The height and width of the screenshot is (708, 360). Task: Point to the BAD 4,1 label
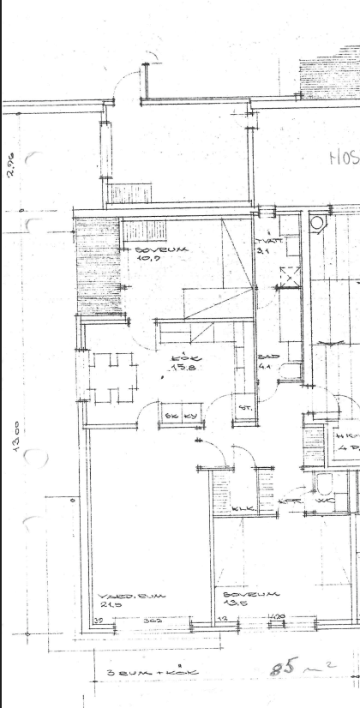click(266, 361)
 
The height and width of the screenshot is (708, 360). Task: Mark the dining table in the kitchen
click(114, 378)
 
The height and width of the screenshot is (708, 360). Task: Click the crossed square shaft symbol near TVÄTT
click(291, 275)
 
